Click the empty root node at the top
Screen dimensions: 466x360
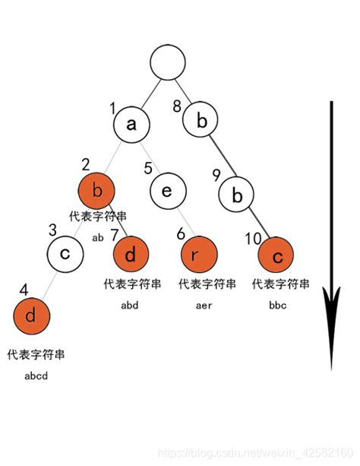[169, 63]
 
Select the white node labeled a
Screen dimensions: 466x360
[132, 124]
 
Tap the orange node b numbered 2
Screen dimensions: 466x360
[96, 190]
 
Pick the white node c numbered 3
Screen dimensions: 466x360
[65, 253]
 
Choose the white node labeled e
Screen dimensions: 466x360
[169, 190]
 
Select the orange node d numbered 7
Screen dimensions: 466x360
[131, 255]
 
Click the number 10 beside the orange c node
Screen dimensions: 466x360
[252, 239]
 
